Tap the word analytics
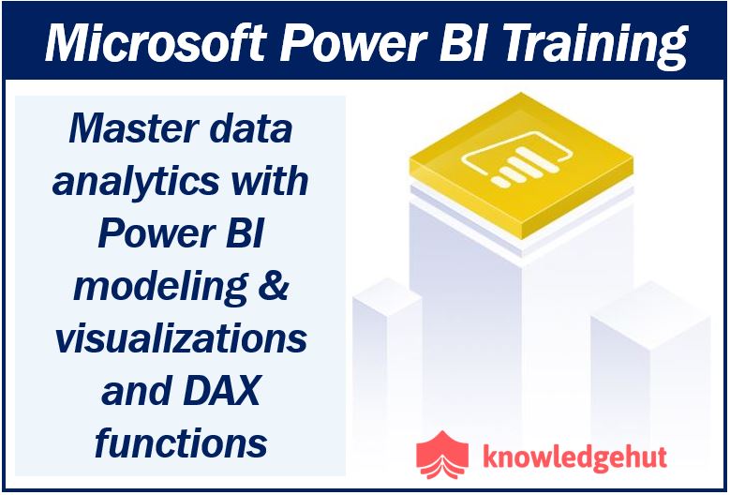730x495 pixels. pos(136,182)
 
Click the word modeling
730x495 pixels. pos(160,285)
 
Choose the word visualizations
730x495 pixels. pos(181,337)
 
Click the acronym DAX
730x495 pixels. pos(221,390)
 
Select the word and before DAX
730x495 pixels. pos(136,390)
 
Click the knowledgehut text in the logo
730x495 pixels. pos(574,457)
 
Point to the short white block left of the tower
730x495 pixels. pos(387,358)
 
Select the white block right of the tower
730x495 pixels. pos(650,367)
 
